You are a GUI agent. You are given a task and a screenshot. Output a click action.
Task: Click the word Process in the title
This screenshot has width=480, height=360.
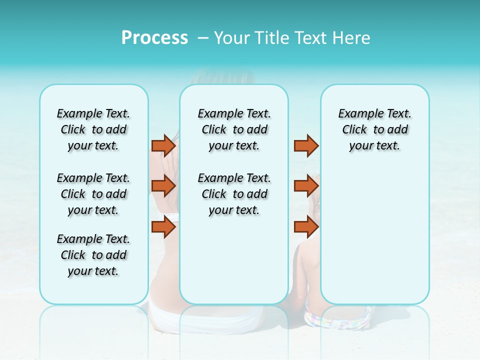pos(154,38)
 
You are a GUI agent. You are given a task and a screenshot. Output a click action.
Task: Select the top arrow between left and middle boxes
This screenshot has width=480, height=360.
pos(163,145)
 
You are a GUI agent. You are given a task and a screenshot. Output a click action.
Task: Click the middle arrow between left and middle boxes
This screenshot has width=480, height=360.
pos(163,186)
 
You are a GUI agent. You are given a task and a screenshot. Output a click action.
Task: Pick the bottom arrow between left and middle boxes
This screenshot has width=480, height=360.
pos(163,227)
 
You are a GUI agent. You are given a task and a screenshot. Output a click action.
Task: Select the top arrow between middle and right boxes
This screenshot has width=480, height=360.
pos(306,145)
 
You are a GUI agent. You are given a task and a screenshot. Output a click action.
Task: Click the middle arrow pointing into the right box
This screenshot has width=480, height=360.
pos(306,186)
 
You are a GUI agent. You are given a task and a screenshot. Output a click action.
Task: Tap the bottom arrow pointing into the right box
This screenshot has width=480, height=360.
pos(306,227)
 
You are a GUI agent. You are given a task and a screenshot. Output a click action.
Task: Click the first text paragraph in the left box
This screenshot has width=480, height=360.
pos(93,129)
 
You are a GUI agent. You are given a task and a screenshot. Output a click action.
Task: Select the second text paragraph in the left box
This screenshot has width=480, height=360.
pos(93,194)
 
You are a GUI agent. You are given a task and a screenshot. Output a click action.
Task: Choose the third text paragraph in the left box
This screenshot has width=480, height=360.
pos(93,255)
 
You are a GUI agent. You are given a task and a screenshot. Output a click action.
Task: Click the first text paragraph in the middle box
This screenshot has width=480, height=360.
pos(234,129)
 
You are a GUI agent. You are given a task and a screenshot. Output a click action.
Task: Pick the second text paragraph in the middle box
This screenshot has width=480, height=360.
pos(234,194)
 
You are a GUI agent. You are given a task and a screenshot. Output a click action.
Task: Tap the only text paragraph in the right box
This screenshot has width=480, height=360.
pos(374,129)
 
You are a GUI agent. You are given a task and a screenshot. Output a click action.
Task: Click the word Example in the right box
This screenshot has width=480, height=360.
pos(357,114)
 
